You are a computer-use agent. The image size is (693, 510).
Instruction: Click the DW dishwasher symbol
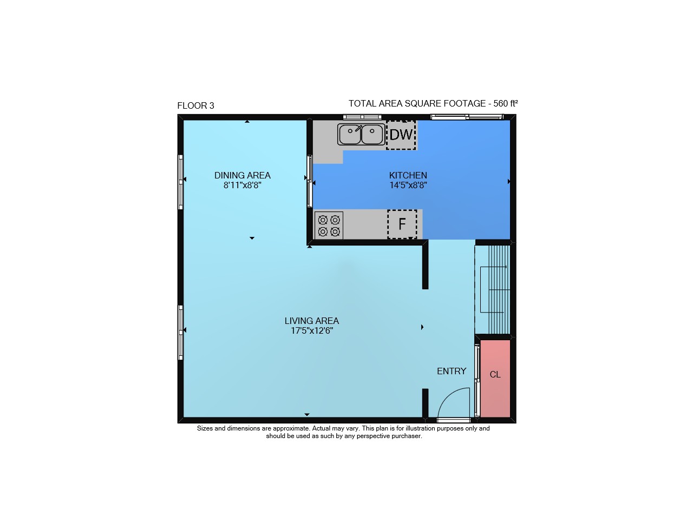pos(401,135)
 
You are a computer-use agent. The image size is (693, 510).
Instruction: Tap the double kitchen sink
pos(361,134)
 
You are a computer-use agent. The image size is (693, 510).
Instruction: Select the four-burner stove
pos(329,226)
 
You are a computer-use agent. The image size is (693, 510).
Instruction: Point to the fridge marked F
pos(402,224)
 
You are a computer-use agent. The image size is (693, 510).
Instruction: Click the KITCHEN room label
pos(408,176)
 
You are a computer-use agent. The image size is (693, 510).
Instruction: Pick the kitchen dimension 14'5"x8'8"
pos(408,186)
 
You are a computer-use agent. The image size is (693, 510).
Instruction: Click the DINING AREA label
pos(243,176)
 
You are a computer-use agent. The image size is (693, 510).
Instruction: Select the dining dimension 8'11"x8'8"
pos(243,186)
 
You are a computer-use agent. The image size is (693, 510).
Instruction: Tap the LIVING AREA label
pos(312,321)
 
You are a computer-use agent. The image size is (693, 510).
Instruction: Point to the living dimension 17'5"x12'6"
pos(312,331)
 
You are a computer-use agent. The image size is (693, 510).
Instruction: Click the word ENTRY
pos(452,371)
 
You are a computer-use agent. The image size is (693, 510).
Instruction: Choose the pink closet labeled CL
pos(495,379)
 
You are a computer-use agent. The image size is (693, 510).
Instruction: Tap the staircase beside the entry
pos(493,290)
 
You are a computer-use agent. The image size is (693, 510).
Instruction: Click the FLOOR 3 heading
pos(196,106)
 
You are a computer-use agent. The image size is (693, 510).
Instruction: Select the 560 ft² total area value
pos(506,103)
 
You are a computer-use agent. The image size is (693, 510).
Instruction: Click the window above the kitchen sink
pos(362,117)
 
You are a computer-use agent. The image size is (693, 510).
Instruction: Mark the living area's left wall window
pos(180,333)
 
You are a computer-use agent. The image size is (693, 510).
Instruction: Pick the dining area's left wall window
pos(180,182)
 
